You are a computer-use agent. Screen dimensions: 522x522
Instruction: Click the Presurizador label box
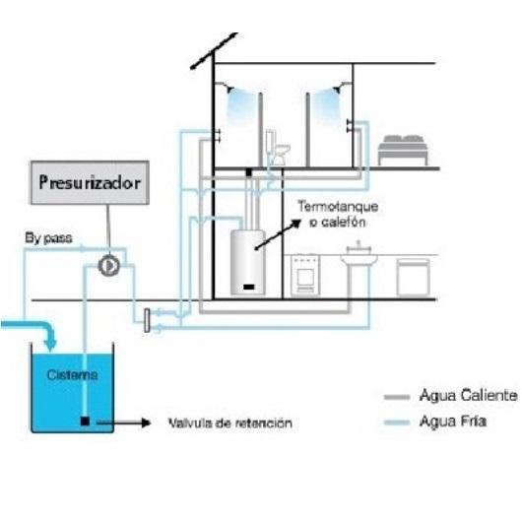(90, 183)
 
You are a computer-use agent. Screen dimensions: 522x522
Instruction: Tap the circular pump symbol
(109, 266)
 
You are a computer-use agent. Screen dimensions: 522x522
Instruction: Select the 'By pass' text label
(48, 238)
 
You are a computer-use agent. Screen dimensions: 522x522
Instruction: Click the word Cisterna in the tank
(72, 375)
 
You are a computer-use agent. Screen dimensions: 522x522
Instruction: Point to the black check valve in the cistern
(85, 422)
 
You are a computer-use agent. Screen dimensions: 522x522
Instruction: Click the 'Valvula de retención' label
(230, 424)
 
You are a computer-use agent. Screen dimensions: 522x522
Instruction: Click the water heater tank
(248, 262)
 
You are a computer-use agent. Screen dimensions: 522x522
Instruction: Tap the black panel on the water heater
(248, 287)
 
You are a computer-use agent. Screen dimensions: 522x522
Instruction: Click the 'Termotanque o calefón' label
(338, 214)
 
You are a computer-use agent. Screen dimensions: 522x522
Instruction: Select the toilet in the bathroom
(278, 148)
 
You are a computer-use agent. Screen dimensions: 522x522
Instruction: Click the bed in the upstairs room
(403, 150)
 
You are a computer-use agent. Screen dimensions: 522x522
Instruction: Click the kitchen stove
(305, 275)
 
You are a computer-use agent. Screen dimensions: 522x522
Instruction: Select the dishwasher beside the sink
(413, 278)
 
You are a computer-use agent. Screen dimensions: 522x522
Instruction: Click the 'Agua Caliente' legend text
(469, 396)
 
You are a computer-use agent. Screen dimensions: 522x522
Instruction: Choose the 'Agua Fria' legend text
(453, 422)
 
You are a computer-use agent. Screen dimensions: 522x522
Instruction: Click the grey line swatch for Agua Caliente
(397, 397)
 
